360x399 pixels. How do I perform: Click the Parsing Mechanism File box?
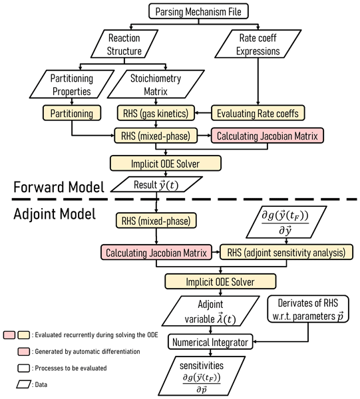click(x=198, y=11)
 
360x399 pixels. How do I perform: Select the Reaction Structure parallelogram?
click(x=124, y=44)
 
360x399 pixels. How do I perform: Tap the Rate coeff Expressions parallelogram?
click(x=258, y=44)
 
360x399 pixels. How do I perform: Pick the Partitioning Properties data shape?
click(x=72, y=84)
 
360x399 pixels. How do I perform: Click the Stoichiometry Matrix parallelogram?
click(x=156, y=84)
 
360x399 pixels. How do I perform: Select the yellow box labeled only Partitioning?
click(x=72, y=113)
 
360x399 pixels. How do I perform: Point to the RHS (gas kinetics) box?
click(x=156, y=113)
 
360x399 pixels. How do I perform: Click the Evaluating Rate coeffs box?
click(x=258, y=113)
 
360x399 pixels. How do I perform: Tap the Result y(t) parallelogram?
click(x=156, y=184)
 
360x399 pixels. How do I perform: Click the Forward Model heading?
click(x=59, y=187)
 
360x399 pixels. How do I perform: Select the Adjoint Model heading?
click(x=55, y=213)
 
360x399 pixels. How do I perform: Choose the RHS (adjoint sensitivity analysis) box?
click(x=286, y=252)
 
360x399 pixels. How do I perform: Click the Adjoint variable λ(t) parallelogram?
click(x=210, y=311)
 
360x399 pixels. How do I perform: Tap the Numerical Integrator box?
click(x=210, y=342)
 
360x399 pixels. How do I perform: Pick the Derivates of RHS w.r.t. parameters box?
click(x=308, y=309)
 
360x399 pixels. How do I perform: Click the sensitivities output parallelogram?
click(x=202, y=376)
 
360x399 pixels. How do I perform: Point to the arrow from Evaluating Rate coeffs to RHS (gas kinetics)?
click(x=203, y=113)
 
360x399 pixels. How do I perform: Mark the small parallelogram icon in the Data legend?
click(x=24, y=384)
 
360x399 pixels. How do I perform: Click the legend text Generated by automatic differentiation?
click(x=87, y=351)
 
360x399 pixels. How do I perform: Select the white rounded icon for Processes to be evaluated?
click(x=24, y=368)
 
